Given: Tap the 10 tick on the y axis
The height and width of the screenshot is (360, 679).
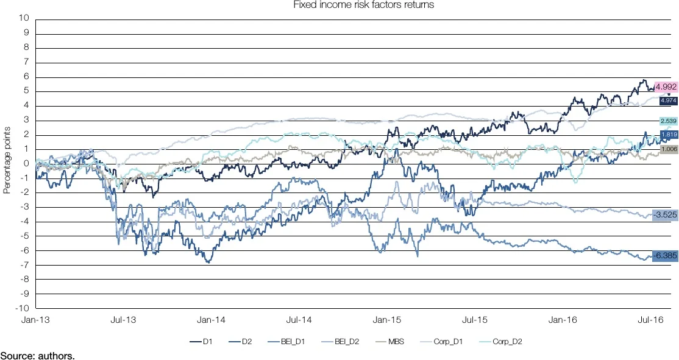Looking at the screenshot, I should [x=25, y=18].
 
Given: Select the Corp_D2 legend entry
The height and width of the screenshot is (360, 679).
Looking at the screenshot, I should [x=507, y=342].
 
